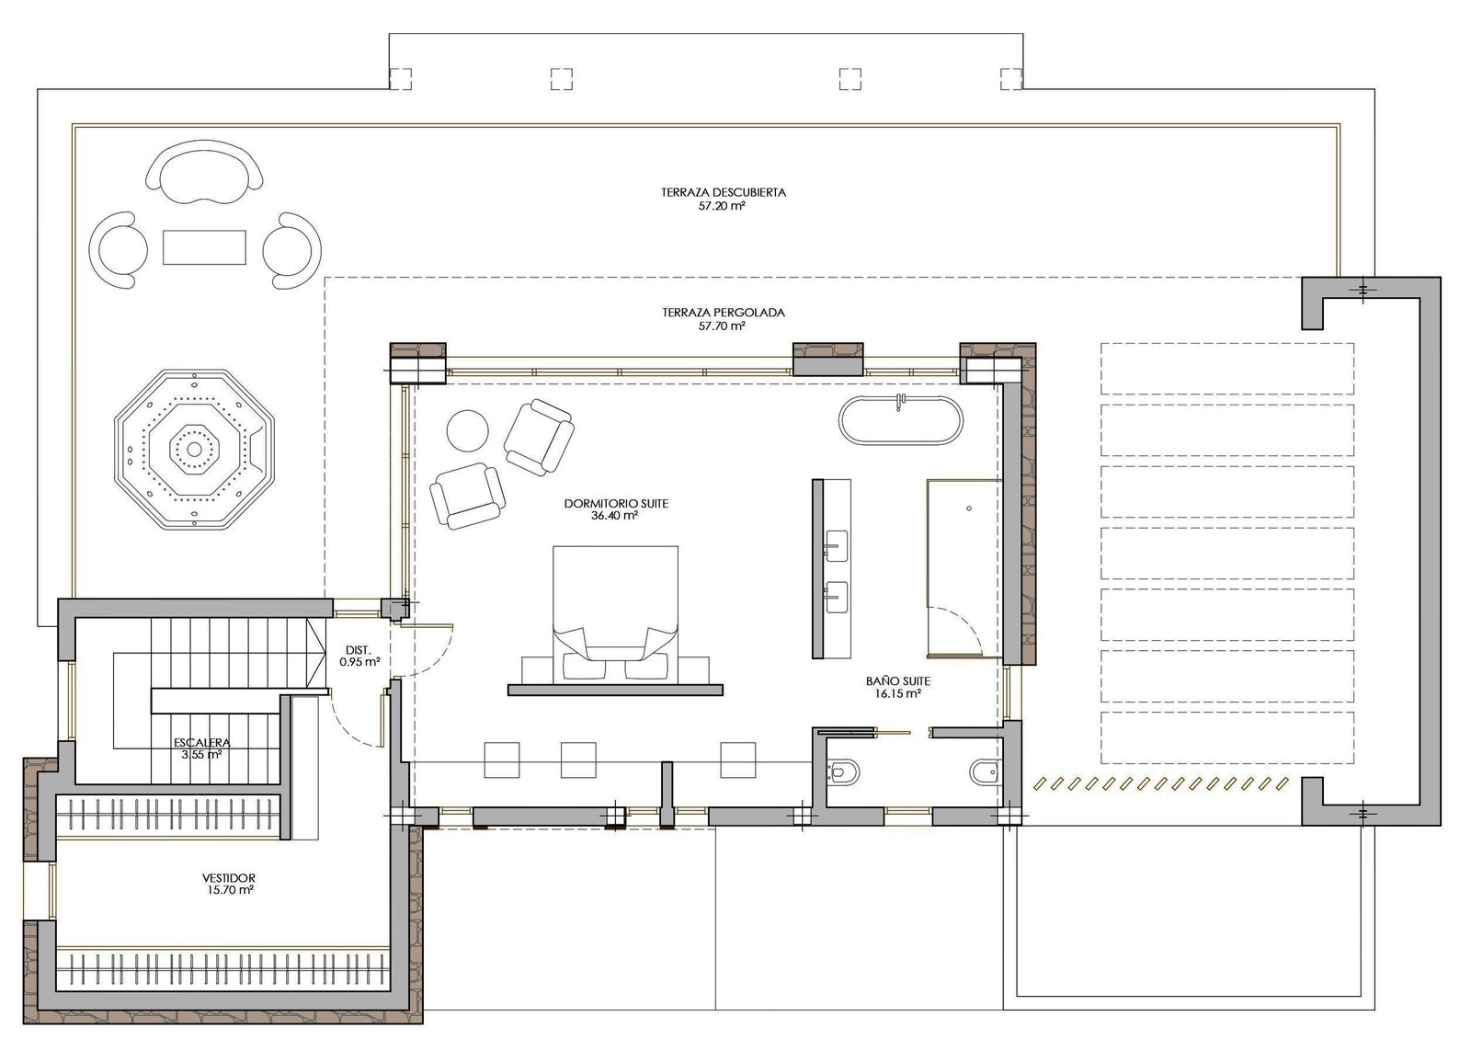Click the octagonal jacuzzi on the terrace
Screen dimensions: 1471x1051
tap(194, 449)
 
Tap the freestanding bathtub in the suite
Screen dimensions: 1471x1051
tap(901, 421)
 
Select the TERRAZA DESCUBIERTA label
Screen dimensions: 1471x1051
tap(723, 192)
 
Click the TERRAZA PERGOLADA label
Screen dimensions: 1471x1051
tap(723, 313)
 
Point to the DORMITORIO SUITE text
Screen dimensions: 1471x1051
tap(616, 504)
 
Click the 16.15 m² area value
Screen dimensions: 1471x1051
tap(897, 693)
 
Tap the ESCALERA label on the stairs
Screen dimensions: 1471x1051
tap(201, 743)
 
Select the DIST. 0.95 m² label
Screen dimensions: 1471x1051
tap(359, 657)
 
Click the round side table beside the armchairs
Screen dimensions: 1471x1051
tap(468, 430)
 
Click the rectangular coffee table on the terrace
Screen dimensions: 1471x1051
tap(204, 247)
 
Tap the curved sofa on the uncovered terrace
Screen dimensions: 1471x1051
tap(203, 173)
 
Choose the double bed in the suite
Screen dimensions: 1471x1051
tap(615, 614)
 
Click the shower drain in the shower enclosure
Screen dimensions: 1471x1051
tap(969, 508)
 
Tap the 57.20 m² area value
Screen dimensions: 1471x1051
tap(722, 206)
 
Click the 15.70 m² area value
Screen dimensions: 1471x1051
tap(229, 890)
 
